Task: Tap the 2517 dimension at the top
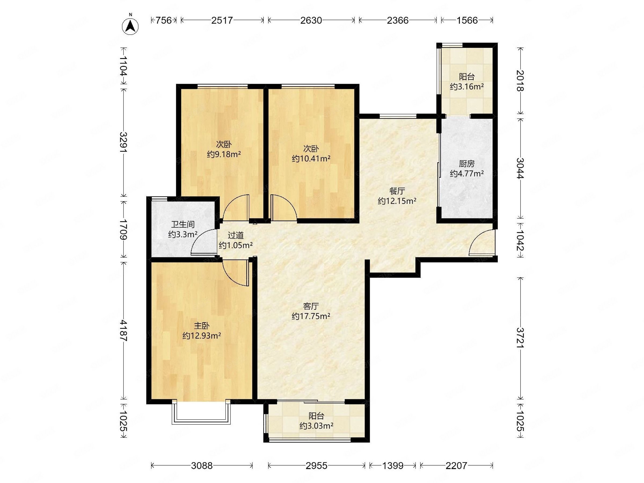point(222,20)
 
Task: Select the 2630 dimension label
point(311,20)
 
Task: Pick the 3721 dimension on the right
point(520,338)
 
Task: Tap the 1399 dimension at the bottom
point(393,466)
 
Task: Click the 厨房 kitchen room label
point(467,164)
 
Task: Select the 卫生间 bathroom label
point(183,225)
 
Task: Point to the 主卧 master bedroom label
point(202,326)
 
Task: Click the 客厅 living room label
point(311,306)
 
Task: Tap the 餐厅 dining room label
point(397,191)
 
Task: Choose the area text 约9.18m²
point(224,154)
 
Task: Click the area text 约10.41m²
point(311,159)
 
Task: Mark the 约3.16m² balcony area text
point(467,86)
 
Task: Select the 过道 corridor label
point(236,235)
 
